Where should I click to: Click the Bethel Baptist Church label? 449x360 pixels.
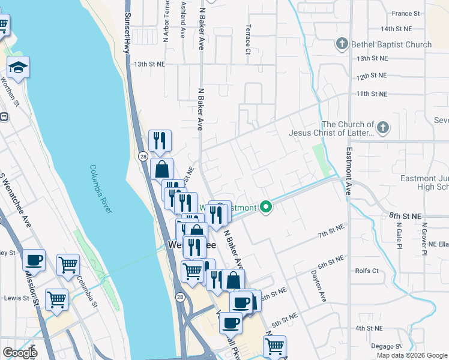tap(392, 44)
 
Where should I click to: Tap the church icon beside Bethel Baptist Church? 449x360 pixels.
tap(342, 44)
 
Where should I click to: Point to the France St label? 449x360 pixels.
tap(406, 13)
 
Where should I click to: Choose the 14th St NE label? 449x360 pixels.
tap(396, 28)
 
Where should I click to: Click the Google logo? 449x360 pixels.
tap(20, 353)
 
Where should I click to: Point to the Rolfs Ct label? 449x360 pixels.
tap(367, 271)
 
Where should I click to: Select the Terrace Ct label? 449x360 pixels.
tap(247, 39)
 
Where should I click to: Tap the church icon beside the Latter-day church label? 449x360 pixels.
tap(382, 127)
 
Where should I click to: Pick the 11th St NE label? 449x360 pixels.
tap(372, 94)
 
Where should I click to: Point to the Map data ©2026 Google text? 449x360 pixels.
tap(412, 355)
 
